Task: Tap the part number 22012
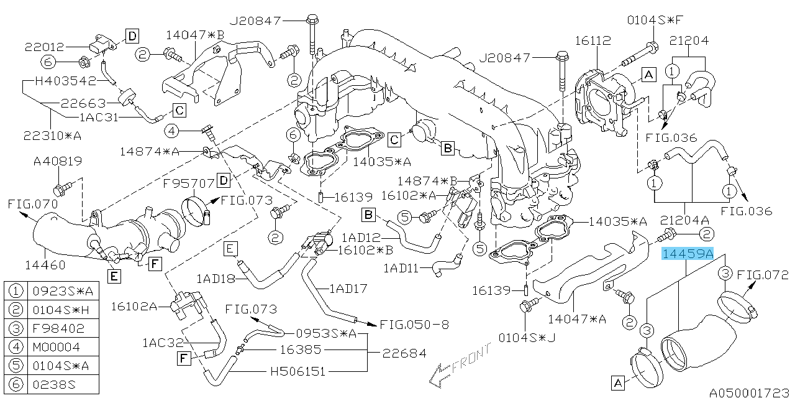point(45,45)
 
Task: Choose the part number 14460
point(44,265)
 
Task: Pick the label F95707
point(189,183)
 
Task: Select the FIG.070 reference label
point(33,203)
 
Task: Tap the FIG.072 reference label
point(762,274)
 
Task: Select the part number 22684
point(404,353)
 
